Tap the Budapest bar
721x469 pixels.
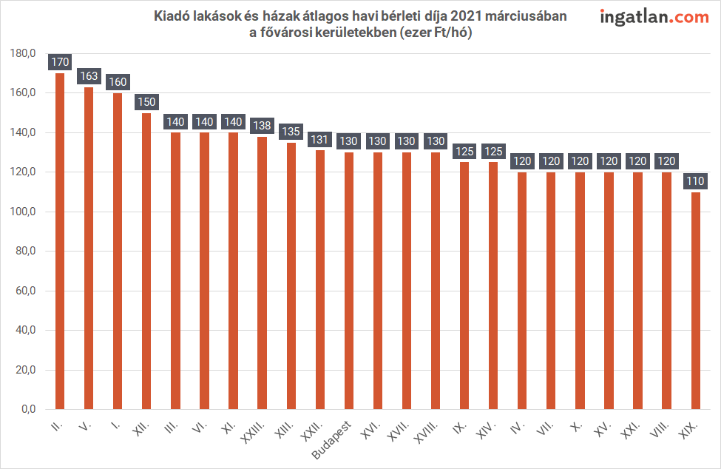point(349,281)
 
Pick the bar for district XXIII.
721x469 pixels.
point(262,273)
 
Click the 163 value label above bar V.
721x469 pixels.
point(89,75)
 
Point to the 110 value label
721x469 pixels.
point(695,180)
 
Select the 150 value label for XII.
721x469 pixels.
point(146,101)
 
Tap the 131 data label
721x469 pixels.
point(319,139)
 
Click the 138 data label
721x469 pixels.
point(262,125)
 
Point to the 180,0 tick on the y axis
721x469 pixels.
point(23,53)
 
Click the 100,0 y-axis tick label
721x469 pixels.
point(23,212)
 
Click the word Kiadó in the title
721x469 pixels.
point(171,16)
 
